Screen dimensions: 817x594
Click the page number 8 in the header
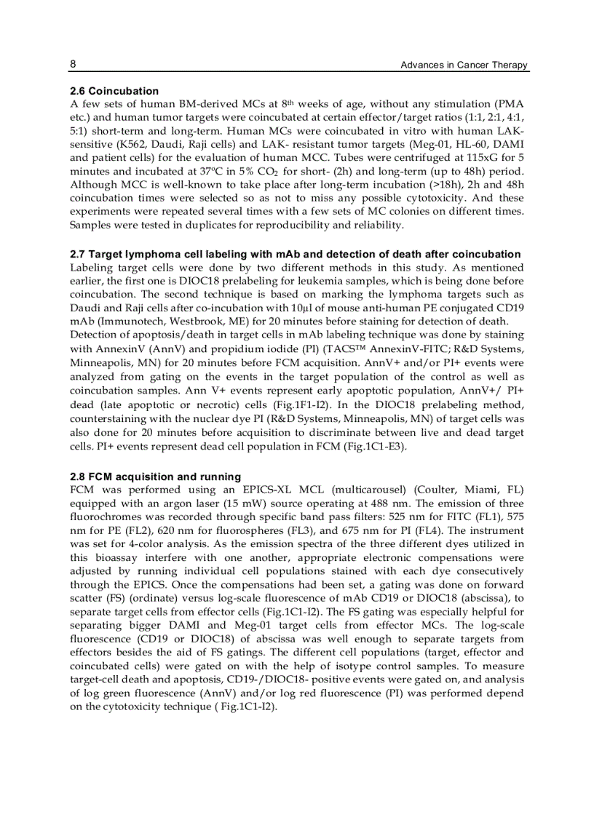coord(73,64)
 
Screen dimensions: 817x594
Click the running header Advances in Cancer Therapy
coord(464,65)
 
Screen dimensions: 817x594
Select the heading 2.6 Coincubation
coord(114,91)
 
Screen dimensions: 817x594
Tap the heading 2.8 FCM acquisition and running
coord(151,477)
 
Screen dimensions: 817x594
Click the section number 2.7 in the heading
coord(77,254)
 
